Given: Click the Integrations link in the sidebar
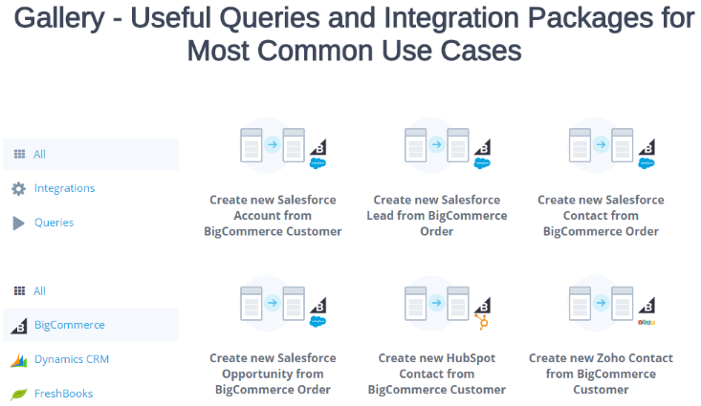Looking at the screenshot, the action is pos(64,188).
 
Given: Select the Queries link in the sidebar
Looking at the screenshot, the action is pos(55,223).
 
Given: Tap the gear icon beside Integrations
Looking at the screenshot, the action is pos(18,188).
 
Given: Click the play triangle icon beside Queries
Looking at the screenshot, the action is pos(18,223).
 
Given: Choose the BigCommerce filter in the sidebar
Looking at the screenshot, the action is pos(69,325).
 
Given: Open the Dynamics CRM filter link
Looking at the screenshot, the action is pos(72,359).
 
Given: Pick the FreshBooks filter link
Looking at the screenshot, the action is pos(63,394).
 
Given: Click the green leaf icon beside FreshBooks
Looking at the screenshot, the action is pos(18,394).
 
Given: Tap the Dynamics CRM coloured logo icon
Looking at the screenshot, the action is pos(18,360).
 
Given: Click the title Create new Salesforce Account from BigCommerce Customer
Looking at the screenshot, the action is pos(273,215).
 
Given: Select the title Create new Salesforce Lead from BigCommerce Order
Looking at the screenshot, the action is pos(437,215).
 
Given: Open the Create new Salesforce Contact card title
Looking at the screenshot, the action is pos(601,215).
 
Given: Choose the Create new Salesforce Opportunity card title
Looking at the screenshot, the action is pos(273,374).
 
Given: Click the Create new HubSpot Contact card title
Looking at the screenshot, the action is pos(437,374).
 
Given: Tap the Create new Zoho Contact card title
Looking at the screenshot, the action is pos(601,374).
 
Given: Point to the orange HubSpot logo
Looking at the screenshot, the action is pos(482,322).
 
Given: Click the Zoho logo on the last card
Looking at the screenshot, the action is pos(646,322).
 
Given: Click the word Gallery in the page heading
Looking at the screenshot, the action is pos(59,18).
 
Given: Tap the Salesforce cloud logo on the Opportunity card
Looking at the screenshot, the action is pos(318,321).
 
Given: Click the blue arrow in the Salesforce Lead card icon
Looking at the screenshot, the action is pos(436,144).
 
